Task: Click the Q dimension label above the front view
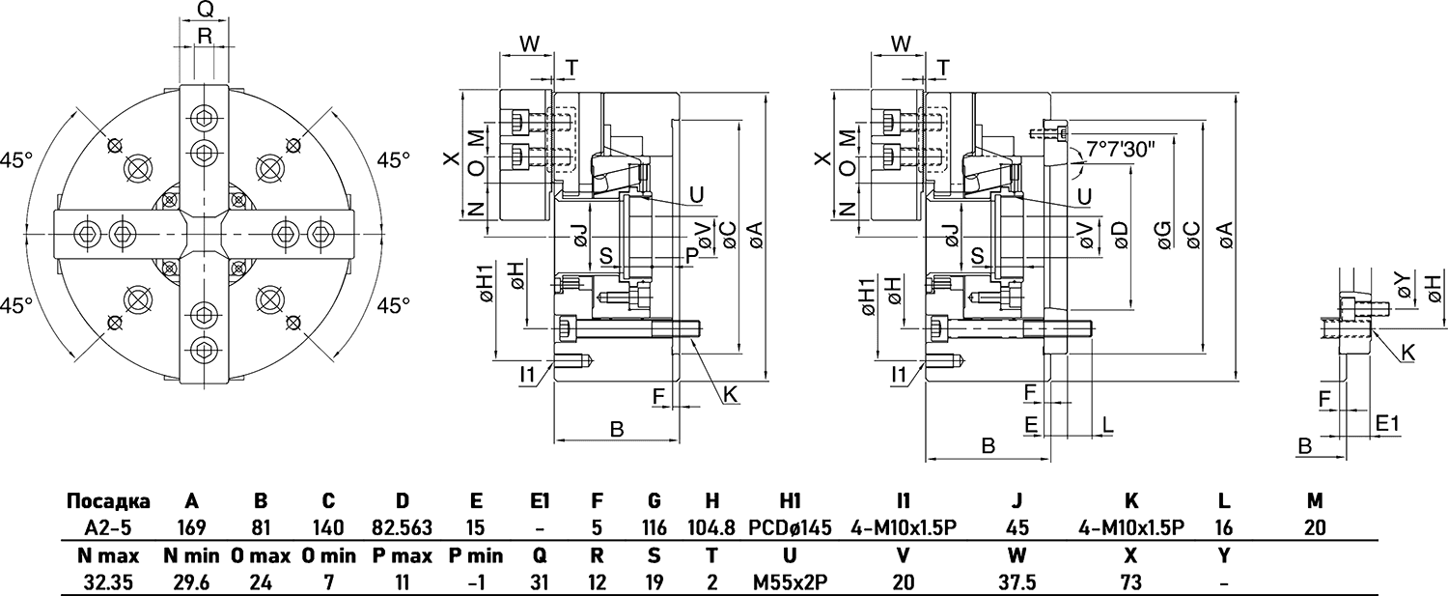[204, 10]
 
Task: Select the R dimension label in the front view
[204, 36]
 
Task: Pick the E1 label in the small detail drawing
[1387, 423]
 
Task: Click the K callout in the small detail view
[1407, 355]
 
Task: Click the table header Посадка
[108, 501]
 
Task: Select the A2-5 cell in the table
[108, 527]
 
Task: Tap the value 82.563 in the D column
[403, 527]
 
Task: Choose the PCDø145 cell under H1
[789, 527]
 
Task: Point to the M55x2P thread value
[789, 582]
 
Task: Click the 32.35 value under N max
[108, 582]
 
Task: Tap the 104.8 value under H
[713, 527]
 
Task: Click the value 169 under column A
[192, 527]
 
